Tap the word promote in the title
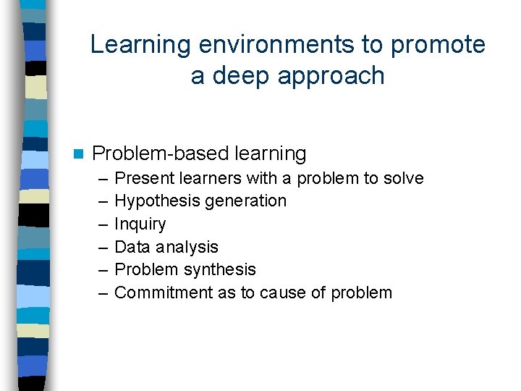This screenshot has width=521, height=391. click(x=438, y=45)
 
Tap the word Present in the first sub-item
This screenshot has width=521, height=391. click(x=142, y=178)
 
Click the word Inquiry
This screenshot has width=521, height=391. click(x=140, y=224)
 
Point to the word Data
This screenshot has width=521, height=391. click(x=132, y=247)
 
